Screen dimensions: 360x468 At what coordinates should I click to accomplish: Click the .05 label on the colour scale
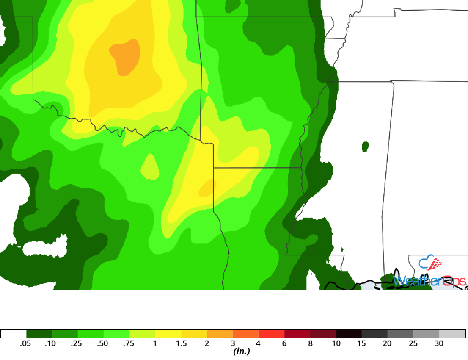click(26, 344)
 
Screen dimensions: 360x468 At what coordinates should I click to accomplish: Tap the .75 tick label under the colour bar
click(129, 344)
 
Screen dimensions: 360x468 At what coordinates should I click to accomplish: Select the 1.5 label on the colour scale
click(181, 344)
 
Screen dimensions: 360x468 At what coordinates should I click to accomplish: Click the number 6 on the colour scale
click(284, 344)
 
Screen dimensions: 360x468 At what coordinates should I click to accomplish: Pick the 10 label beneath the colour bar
click(336, 344)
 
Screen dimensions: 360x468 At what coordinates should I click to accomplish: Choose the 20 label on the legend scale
click(387, 344)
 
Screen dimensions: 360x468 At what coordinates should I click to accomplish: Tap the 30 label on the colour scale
click(439, 344)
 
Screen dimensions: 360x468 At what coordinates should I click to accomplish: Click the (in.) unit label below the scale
click(241, 352)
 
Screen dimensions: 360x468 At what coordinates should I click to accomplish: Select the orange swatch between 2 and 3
click(220, 334)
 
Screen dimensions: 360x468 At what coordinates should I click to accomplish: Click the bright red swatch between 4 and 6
click(272, 334)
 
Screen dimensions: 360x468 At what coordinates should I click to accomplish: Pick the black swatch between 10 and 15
click(349, 334)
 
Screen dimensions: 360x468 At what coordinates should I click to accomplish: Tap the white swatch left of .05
click(14, 334)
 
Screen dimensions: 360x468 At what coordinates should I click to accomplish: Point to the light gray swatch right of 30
click(452, 334)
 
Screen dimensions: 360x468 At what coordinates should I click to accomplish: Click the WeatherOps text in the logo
click(429, 281)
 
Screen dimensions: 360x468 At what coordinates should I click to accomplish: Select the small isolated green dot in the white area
click(365, 147)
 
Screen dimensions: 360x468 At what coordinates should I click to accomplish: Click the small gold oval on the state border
click(207, 187)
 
